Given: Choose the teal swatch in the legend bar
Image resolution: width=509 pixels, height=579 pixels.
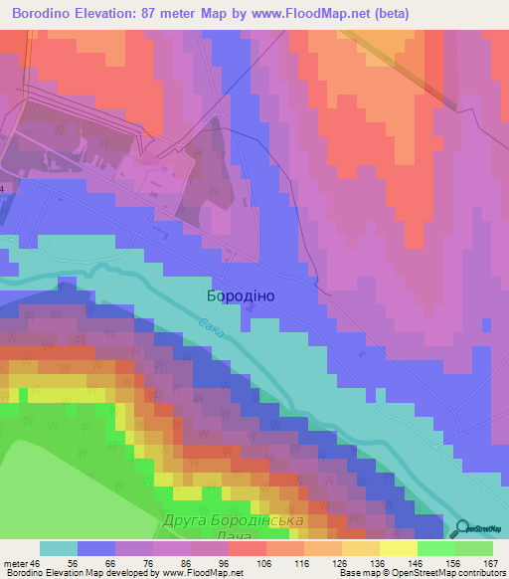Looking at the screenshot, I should pyautogui.click(x=59, y=548).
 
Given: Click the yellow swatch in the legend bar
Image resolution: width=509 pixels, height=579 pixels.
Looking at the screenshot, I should pyautogui.click(x=398, y=548).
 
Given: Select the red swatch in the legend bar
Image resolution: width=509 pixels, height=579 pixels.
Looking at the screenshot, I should pyautogui.click(x=248, y=548).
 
